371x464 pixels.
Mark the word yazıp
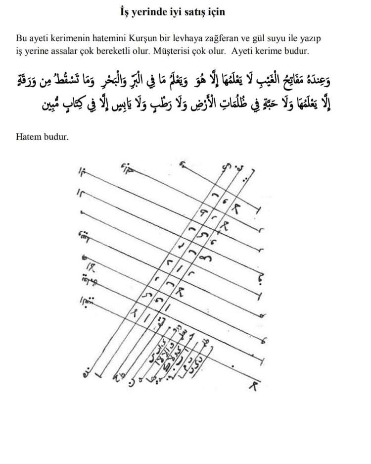[x=317, y=38]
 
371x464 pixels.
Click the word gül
[x=274, y=38]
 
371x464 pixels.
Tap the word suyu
[x=291, y=38]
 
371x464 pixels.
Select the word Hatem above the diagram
[x=28, y=136]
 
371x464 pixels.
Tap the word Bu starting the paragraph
[x=21, y=38]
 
